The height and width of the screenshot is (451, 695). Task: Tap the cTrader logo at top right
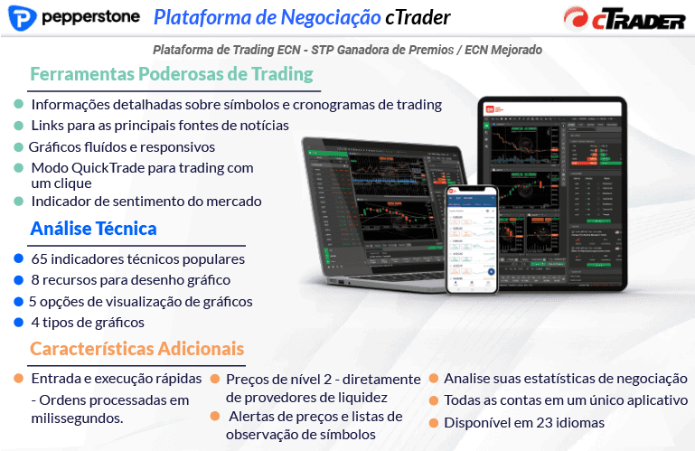click(624, 19)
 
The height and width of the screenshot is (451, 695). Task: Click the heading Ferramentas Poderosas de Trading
click(172, 74)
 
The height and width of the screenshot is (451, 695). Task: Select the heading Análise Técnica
click(93, 229)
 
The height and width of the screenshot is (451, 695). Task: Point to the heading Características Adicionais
click(136, 348)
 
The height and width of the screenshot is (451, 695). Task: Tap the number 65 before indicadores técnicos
click(40, 259)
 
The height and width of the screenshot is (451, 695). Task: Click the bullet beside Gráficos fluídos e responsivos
click(18, 146)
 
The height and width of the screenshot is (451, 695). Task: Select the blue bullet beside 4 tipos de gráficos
click(18, 322)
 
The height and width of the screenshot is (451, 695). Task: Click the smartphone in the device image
click(473, 240)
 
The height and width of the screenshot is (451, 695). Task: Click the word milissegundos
click(77, 418)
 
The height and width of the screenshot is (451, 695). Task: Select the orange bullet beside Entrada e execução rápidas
click(18, 378)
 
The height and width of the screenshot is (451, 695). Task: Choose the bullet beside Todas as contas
click(434, 399)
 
